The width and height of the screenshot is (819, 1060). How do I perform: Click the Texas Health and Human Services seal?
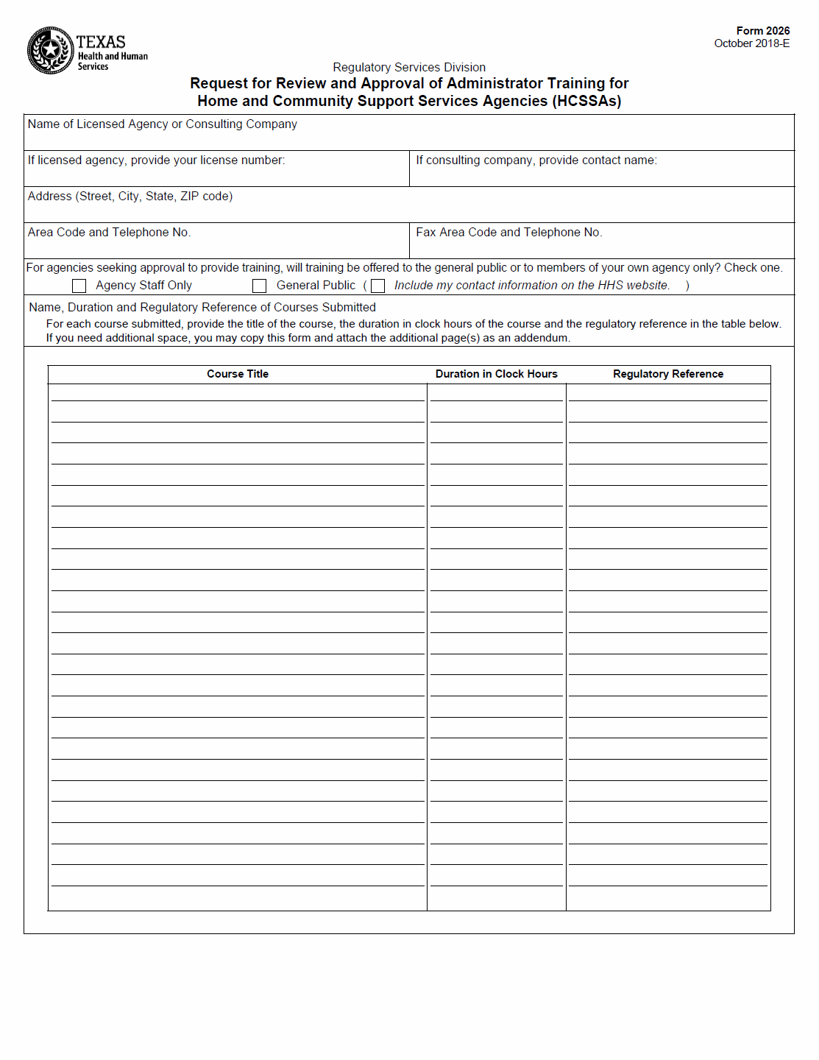(x=50, y=50)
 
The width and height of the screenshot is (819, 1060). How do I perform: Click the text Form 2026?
(x=762, y=31)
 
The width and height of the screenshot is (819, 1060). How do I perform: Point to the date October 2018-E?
(x=751, y=43)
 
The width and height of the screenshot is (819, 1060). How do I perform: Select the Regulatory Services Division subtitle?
(x=409, y=68)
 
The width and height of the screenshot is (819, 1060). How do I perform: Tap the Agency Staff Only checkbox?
(x=79, y=286)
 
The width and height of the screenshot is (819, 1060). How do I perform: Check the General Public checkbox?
(x=259, y=286)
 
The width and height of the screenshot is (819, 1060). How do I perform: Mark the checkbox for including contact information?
(x=378, y=286)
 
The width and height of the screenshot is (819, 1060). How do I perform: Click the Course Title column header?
(x=238, y=374)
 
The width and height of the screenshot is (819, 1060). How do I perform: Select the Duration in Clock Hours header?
(x=497, y=374)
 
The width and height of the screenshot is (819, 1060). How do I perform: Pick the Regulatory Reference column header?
(x=668, y=374)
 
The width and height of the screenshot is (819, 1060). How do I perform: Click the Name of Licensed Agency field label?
(x=163, y=124)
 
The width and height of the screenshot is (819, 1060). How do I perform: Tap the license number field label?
(x=156, y=160)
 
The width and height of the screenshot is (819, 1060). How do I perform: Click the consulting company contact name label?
(x=536, y=160)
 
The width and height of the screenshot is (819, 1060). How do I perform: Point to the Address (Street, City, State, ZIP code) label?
(x=130, y=197)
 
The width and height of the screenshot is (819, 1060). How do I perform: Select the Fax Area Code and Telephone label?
(x=508, y=233)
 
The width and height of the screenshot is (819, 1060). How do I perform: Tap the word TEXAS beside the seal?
(x=101, y=42)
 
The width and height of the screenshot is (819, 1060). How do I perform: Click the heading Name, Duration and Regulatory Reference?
(x=202, y=308)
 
